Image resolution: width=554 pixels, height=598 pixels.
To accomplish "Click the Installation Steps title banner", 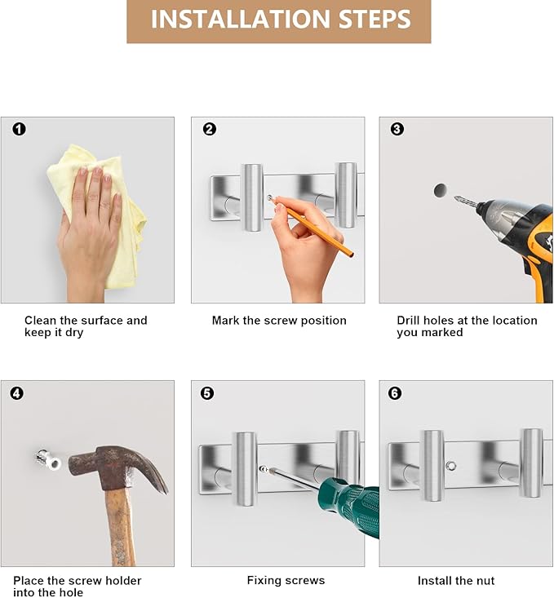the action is (278, 21).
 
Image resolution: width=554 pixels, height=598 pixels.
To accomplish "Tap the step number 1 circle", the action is (19, 129).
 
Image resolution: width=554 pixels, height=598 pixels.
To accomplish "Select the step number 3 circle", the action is (397, 129).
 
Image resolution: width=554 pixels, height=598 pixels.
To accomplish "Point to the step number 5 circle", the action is (207, 392).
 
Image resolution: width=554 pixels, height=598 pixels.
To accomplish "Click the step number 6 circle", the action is (395, 392).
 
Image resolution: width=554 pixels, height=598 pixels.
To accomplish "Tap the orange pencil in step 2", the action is (312, 226).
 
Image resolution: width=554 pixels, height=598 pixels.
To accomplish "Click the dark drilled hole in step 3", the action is (441, 190).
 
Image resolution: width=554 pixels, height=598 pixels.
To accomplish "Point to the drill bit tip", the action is (455, 198).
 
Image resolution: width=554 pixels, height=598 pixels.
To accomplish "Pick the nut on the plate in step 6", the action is (451, 466).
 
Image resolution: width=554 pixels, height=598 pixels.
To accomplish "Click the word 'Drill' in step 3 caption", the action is (408, 321).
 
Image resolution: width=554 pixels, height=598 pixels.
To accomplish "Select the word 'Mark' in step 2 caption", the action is (225, 321).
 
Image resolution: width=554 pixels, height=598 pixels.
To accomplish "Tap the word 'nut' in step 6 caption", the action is (486, 581).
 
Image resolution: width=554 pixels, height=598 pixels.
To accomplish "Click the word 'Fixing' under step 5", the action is (264, 581).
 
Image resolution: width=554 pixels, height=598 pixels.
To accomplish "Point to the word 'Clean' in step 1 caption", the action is (41, 321).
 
